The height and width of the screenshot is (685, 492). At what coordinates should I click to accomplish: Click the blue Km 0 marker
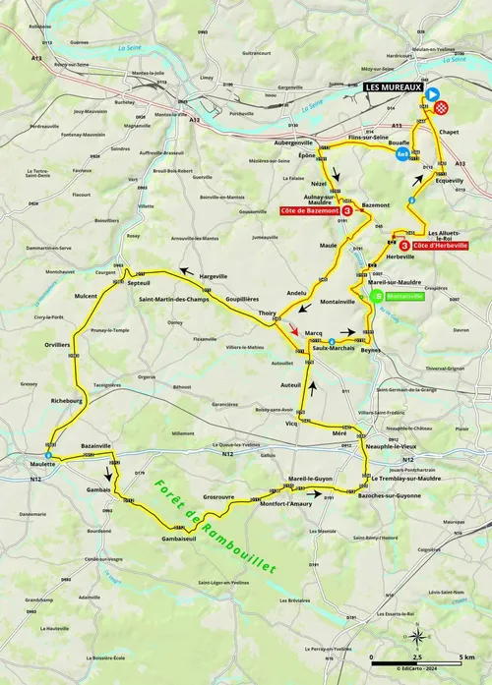403,153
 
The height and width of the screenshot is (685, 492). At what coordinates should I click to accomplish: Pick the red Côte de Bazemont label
308,211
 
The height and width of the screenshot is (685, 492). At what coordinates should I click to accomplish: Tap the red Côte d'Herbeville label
432,245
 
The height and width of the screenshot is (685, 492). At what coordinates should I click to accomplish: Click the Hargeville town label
214,276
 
